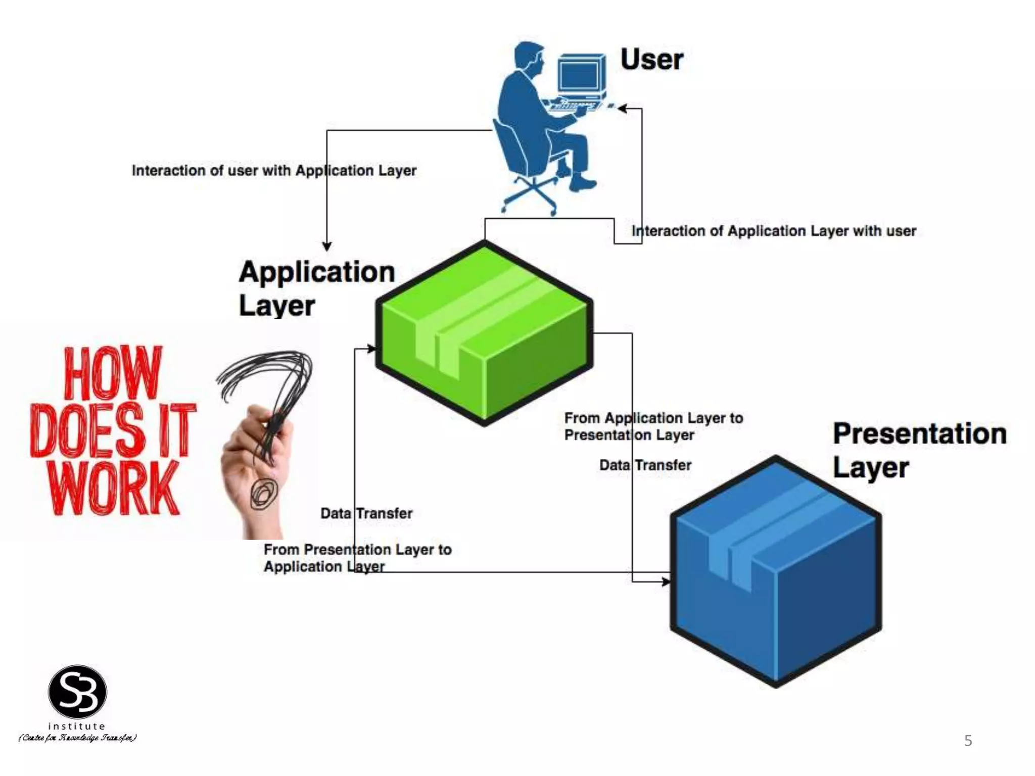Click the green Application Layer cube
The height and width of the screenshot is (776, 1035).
point(484,333)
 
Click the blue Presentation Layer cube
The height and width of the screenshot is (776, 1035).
point(776,571)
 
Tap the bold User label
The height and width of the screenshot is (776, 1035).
point(651,60)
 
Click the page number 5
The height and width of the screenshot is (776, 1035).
point(968,741)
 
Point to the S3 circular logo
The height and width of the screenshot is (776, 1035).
point(77,692)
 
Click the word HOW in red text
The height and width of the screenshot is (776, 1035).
point(113,373)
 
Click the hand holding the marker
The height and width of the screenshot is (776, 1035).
point(255,455)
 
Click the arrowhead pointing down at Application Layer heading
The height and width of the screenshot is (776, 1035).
point(327,246)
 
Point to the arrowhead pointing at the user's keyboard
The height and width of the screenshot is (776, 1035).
point(623,109)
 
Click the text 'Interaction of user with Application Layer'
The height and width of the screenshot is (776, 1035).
point(274,171)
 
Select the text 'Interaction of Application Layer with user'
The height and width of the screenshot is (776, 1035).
point(773,231)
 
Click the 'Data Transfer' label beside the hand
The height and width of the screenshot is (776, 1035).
point(366,513)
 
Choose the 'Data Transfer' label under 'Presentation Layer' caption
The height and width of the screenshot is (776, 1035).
point(645,465)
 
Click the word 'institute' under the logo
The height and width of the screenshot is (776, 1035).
point(77,726)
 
